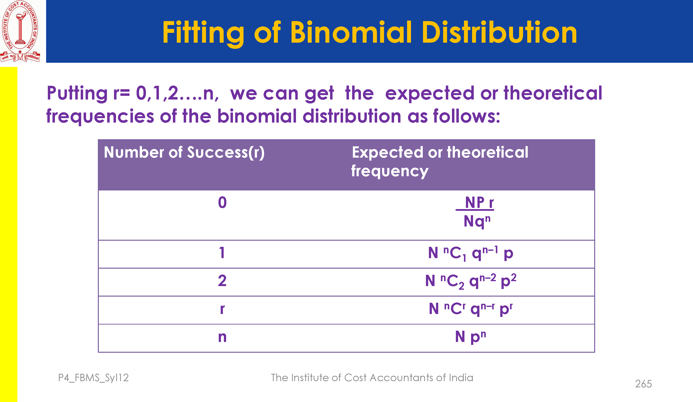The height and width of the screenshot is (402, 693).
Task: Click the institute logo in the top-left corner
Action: (20, 31)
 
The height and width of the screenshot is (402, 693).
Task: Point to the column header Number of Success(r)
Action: (184, 153)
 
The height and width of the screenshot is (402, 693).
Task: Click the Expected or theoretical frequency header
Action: (440, 162)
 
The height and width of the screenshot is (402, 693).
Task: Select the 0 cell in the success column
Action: (222, 203)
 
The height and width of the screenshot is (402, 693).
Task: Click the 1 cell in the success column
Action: (222, 253)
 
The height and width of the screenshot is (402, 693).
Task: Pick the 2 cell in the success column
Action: (222, 281)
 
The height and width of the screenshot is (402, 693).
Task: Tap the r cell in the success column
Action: (222, 309)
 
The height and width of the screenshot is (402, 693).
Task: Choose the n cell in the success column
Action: (222, 337)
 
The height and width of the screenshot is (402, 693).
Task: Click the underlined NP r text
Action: (475, 203)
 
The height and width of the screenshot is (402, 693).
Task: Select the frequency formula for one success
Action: (471, 253)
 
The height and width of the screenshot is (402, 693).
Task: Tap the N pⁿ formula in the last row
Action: (471, 337)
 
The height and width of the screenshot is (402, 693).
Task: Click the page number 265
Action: (643, 384)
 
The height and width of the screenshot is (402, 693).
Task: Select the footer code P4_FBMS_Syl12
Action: (93, 378)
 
